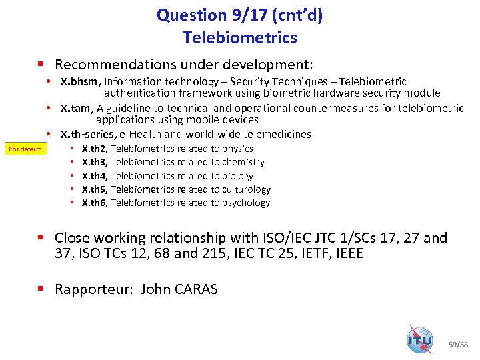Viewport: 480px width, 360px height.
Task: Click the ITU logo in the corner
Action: click(x=421, y=339)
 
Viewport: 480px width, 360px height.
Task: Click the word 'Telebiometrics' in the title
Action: click(x=240, y=38)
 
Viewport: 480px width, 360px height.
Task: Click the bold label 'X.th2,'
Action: click(x=94, y=149)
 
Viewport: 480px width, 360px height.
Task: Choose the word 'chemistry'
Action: click(x=243, y=162)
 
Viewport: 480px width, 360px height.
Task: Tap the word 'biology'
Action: click(x=237, y=176)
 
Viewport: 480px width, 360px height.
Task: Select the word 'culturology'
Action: click(x=246, y=189)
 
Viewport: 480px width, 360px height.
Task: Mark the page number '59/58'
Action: click(x=459, y=344)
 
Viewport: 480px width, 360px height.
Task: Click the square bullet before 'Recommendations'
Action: click(x=41, y=65)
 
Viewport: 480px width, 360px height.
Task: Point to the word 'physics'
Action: click(x=237, y=149)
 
